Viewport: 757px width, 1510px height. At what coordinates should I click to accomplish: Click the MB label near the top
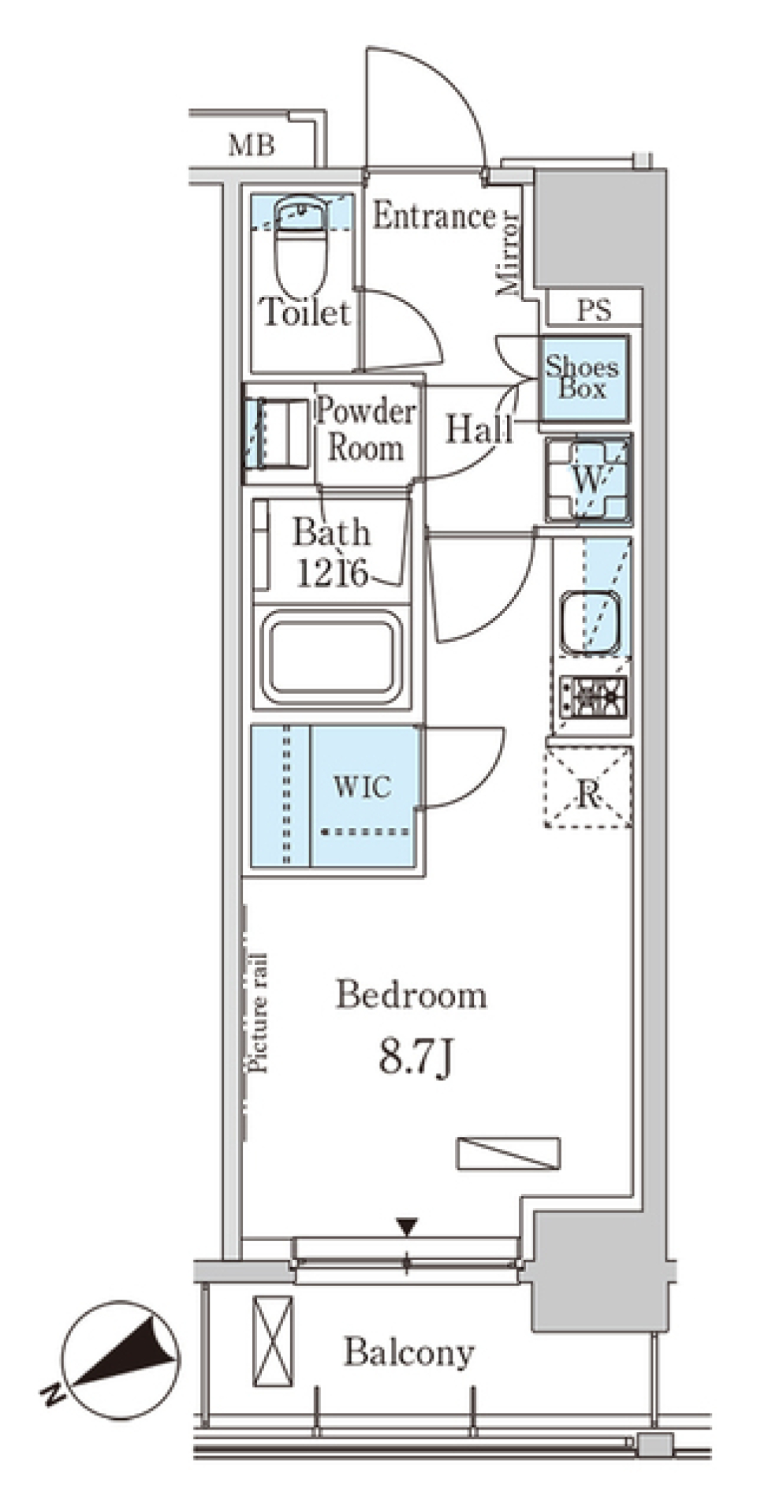click(252, 145)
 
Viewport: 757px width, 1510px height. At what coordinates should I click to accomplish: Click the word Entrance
click(434, 215)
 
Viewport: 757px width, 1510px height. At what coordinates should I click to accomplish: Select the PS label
click(593, 310)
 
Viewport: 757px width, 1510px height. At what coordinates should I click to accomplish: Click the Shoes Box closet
click(584, 378)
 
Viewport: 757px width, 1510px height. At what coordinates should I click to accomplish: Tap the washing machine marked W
click(588, 479)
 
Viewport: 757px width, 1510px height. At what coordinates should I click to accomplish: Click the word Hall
click(479, 430)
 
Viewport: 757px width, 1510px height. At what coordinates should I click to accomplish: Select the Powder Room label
click(365, 430)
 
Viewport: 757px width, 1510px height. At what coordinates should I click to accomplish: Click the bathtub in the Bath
click(331, 658)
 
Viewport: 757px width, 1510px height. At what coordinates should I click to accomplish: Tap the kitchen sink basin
click(590, 620)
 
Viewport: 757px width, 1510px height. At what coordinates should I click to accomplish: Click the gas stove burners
click(592, 696)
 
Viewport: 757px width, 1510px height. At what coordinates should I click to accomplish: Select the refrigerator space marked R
click(588, 787)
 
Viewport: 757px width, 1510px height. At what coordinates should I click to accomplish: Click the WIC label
click(361, 786)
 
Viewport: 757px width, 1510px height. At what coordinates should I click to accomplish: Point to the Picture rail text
click(259, 1012)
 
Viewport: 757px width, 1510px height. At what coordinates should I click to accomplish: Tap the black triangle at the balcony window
click(407, 1227)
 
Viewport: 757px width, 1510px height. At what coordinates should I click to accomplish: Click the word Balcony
click(408, 1353)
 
